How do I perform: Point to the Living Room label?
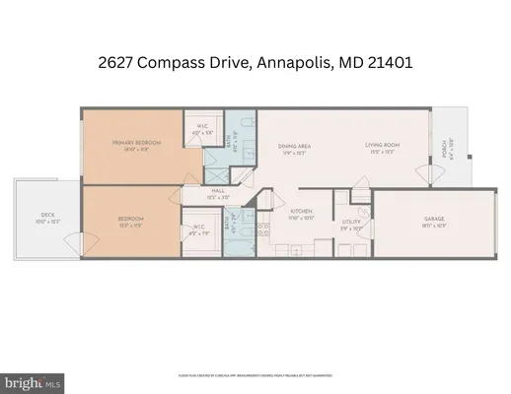pos(381,147)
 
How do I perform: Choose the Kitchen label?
pos(301,211)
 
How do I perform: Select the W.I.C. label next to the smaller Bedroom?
pos(198,227)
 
